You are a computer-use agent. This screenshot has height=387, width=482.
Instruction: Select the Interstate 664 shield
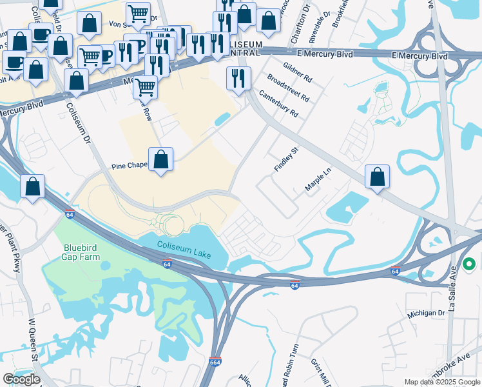click(215, 362)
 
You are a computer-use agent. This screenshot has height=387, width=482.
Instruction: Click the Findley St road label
click(287, 159)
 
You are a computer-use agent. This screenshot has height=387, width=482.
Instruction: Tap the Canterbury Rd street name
click(278, 103)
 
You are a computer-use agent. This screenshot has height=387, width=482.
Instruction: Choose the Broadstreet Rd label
click(288, 88)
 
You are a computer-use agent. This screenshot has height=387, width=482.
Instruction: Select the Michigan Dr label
click(427, 312)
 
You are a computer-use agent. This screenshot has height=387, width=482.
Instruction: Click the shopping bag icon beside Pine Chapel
click(160, 159)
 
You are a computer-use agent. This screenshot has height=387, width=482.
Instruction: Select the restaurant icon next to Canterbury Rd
click(238, 79)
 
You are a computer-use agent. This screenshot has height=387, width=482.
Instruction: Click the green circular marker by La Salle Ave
click(470, 264)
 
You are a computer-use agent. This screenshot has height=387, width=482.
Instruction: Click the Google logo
click(21, 379)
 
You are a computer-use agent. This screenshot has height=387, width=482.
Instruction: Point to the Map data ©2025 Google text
click(442, 382)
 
